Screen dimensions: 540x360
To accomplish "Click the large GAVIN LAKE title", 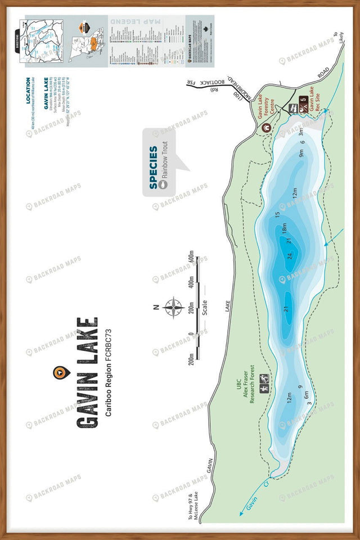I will coord(87,372).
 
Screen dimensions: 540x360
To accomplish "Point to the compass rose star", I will coord(174,307).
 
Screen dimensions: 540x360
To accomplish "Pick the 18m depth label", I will coord(285,228).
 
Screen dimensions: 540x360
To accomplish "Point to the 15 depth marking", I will coord(277,214).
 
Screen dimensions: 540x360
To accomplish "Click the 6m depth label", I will coord(307,395).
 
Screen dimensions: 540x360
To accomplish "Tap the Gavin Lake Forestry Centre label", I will coord(264,103).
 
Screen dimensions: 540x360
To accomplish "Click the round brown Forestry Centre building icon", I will coord(267,128).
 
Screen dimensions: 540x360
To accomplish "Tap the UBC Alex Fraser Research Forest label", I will coord(245,388).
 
